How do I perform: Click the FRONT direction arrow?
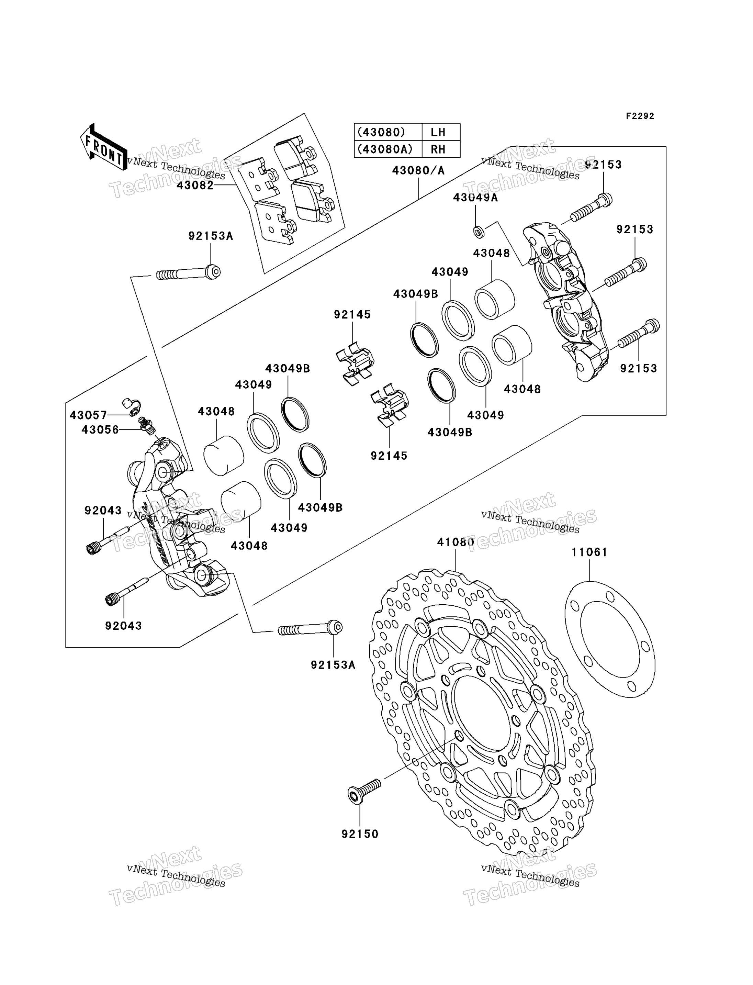103,147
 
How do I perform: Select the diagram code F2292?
640,116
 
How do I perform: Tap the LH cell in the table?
438,132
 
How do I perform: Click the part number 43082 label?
195,185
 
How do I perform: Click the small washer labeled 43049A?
479,232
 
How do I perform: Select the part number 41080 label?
456,542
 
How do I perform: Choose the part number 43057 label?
88,415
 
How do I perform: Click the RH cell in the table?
438,149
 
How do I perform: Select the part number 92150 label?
360,834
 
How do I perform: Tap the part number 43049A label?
475,197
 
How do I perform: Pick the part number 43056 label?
100,430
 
